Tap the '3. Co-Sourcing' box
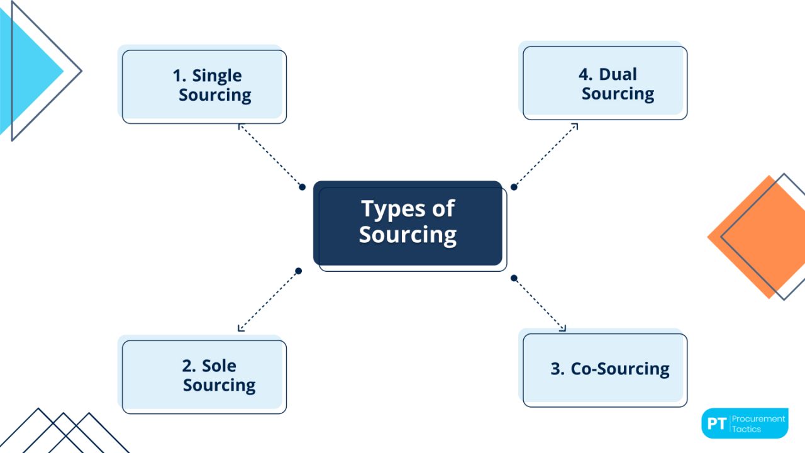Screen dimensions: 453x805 point(604,369)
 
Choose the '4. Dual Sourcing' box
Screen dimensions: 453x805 point(604,82)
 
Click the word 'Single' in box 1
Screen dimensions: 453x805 point(216,75)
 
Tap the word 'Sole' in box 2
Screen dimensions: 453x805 point(219,366)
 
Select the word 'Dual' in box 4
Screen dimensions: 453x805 point(618,74)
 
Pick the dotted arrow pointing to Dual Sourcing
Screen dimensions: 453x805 point(546,155)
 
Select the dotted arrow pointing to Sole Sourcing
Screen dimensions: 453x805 point(268,301)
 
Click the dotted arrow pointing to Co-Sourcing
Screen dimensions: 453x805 point(540,304)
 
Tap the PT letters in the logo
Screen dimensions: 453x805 point(716,423)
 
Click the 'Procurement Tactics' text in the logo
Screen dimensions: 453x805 point(758,423)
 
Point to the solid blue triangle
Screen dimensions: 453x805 point(25,72)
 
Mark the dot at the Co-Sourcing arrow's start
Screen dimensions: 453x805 point(514,277)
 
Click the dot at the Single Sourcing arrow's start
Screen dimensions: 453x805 point(302,187)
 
